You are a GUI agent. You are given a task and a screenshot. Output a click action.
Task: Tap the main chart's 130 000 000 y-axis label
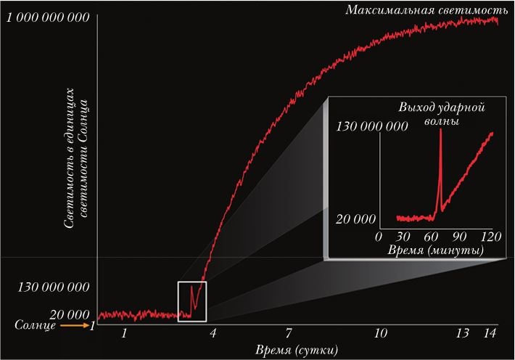click(x=52, y=287)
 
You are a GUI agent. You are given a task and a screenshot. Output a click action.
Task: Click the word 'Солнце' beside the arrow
click(x=34, y=327)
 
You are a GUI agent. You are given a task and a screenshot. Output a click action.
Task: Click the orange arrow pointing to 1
click(x=73, y=327)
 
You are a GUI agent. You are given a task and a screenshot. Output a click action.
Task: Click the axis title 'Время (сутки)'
click(x=296, y=350)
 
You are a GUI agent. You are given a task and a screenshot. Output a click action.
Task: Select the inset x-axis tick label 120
click(x=492, y=237)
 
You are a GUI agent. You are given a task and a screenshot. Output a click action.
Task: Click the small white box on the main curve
click(x=192, y=301)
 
